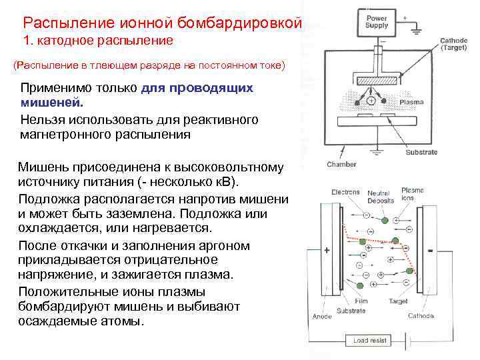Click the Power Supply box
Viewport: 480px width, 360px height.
tap(377, 22)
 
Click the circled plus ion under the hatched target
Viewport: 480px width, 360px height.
tap(369, 101)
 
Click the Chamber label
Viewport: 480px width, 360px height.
tap(341, 164)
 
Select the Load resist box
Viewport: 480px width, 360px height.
tap(369, 341)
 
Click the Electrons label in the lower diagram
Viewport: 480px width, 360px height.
tap(346, 193)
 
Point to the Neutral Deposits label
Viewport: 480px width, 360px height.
tap(379, 197)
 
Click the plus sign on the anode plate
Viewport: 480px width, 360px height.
tap(327, 251)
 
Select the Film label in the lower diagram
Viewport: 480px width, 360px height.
tap(361, 301)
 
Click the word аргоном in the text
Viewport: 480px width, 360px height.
tap(227, 245)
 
